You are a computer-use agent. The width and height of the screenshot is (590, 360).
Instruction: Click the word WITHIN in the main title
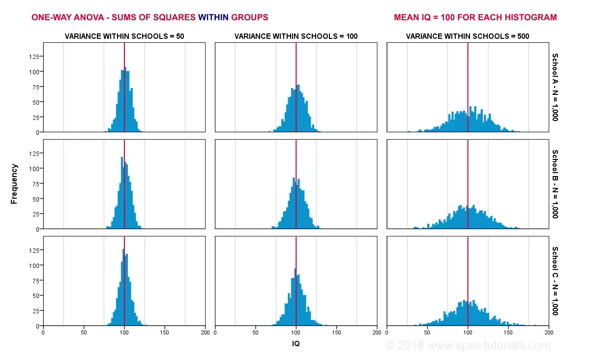coord(213,17)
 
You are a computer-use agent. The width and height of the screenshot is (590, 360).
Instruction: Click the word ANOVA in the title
coord(87,17)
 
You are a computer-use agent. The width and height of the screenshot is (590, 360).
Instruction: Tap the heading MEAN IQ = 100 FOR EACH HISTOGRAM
coord(475,17)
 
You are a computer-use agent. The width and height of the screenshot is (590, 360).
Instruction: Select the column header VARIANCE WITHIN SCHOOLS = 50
coord(124,36)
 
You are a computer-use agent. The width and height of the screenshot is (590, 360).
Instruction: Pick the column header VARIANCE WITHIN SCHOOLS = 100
coord(296,36)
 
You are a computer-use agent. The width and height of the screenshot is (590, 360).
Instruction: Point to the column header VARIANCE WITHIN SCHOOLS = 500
coord(468,36)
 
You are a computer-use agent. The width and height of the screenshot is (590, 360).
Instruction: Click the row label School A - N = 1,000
coord(555,87)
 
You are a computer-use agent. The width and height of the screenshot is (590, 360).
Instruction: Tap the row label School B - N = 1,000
coord(555,184)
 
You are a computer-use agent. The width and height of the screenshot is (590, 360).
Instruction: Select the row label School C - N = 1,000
coord(555,281)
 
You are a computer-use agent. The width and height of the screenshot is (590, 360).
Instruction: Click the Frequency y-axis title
coord(14,184)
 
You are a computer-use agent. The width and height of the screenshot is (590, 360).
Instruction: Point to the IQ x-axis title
coord(296,344)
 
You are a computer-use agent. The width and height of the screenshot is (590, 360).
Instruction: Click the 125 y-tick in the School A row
coord(34,56)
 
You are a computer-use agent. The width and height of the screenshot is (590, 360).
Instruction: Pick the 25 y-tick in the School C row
coord(36,311)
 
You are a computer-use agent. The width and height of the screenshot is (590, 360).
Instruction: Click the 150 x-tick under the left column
coord(165,333)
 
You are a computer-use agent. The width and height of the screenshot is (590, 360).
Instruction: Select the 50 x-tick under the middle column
coord(256,333)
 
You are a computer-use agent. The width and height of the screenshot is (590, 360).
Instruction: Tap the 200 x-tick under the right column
coord(548,333)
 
